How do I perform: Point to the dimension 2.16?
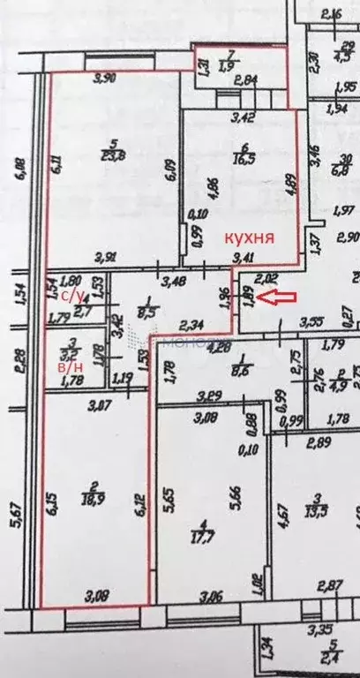[331, 13]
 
